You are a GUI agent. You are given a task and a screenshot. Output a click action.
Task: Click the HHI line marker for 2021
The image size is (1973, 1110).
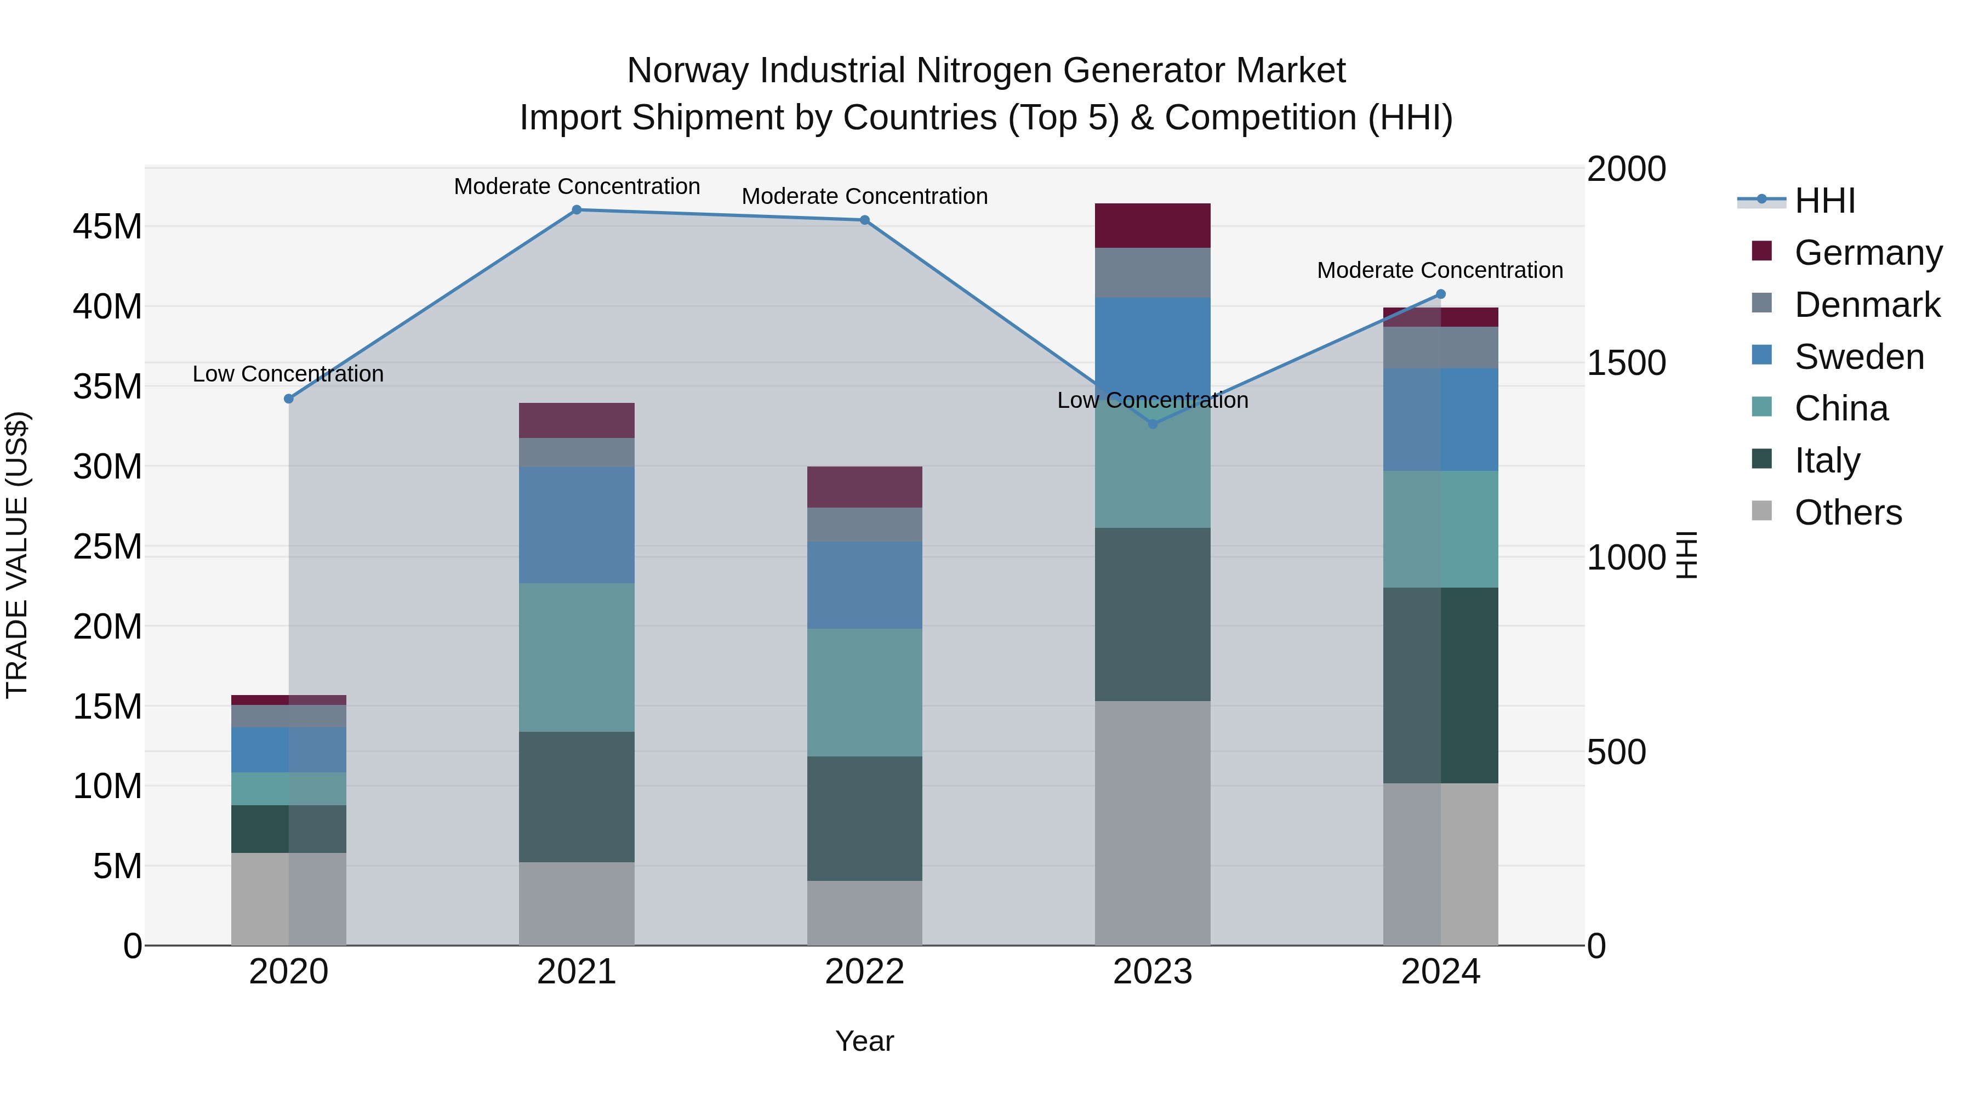pos(577,210)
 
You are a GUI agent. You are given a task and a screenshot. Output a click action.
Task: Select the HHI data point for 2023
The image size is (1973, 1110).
pos(1153,424)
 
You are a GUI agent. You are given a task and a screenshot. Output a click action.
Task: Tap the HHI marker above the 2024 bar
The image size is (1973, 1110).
pos(1440,294)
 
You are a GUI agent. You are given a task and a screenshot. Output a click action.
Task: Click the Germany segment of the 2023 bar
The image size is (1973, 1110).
pos(1153,226)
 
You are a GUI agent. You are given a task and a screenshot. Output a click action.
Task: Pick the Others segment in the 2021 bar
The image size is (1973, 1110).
pos(577,904)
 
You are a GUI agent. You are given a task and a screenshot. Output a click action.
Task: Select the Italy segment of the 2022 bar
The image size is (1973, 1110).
pos(865,818)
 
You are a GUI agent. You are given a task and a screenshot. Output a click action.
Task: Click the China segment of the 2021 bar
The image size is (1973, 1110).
pos(577,657)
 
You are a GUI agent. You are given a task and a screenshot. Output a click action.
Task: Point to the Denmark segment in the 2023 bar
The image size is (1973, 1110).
pos(1153,273)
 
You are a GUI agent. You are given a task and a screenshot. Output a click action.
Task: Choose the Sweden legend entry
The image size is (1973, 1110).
pos(1859,357)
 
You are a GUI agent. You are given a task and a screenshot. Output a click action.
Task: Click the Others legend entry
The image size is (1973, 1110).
pos(1847,513)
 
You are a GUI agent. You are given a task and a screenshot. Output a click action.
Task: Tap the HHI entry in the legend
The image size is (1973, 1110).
pos(1824,201)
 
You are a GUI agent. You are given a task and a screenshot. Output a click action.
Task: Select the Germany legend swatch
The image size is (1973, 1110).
pos(1761,251)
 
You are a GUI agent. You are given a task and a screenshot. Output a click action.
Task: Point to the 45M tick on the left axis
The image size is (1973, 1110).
pos(107,227)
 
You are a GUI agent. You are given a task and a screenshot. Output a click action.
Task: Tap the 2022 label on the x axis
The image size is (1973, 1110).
pos(865,972)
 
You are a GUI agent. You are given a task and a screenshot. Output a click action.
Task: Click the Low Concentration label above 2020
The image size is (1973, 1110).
pos(288,374)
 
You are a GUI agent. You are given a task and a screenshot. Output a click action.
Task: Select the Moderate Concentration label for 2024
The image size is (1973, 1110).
pos(1440,270)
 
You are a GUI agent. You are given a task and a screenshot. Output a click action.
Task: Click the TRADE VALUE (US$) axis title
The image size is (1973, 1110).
pos(17,555)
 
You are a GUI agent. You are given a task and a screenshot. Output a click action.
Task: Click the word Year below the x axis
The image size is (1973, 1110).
pos(865,1041)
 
